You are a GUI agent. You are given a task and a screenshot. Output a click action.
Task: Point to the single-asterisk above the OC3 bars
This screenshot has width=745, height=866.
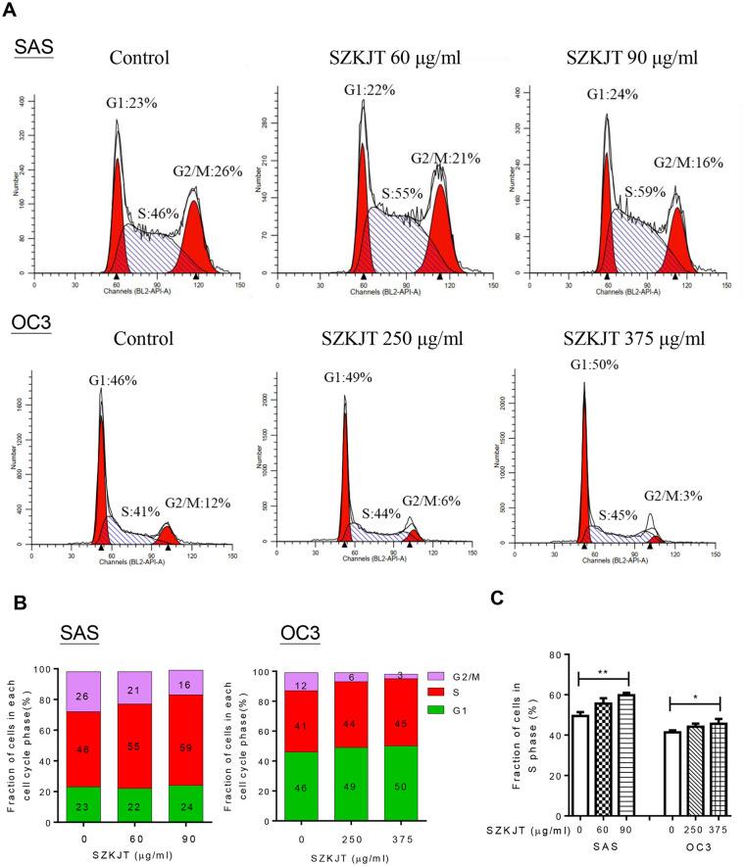click(x=694, y=698)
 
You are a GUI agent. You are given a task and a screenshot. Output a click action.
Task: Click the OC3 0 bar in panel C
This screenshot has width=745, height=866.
click(x=671, y=773)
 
